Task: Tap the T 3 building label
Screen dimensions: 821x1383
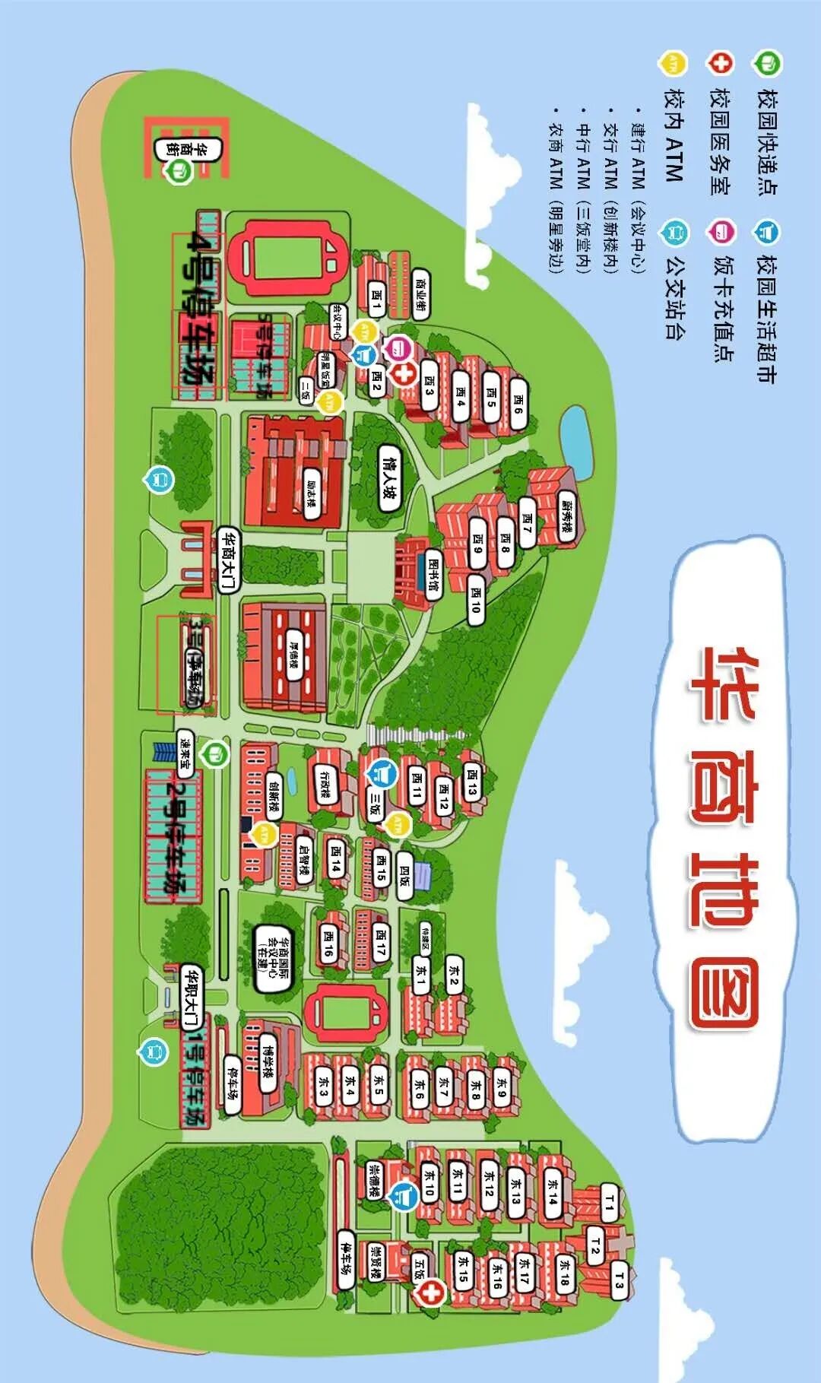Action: coord(620,1285)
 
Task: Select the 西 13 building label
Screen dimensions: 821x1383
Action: coord(472,782)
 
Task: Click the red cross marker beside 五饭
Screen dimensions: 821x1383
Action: coord(431,1292)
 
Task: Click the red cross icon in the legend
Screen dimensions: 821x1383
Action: coord(719,62)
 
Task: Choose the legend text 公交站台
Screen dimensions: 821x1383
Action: coord(674,297)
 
